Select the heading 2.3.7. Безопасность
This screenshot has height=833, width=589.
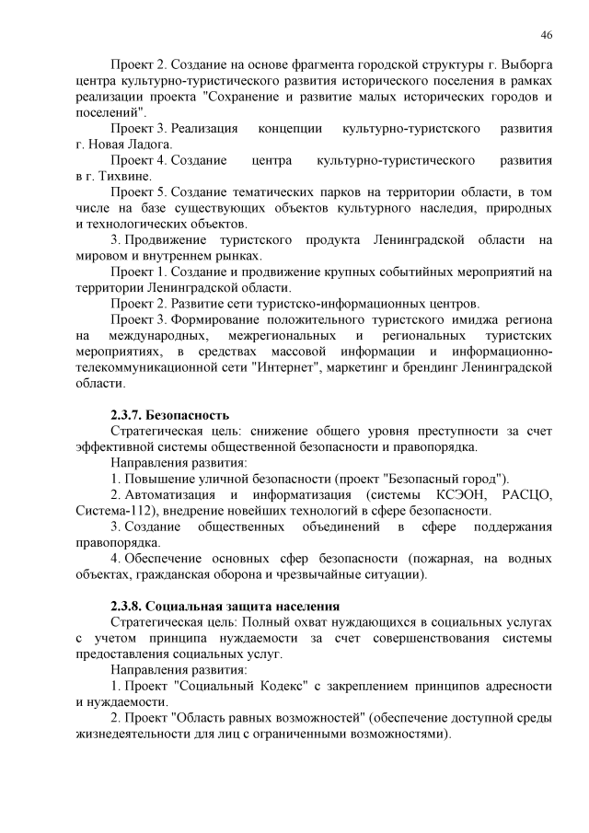coord(169,415)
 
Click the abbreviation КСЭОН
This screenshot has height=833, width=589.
coord(455,495)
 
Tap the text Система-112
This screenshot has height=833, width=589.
coord(112,511)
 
